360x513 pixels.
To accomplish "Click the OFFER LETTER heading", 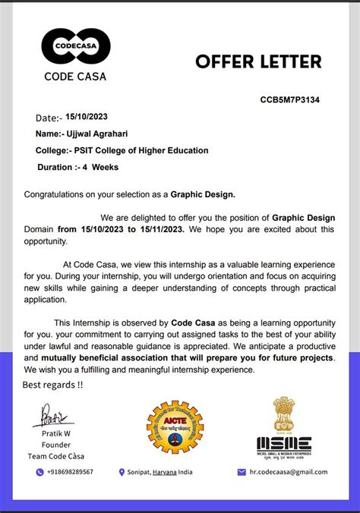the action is tap(258, 61).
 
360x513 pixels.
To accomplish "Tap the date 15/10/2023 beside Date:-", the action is tap(88, 118).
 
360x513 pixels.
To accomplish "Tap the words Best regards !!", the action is tap(52, 385).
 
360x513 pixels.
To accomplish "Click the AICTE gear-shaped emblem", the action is tap(175, 426).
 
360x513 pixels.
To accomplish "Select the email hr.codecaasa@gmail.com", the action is tap(289, 471).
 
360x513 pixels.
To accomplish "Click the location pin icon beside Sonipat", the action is tap(122, 471).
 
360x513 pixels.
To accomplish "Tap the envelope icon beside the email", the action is tap(242, 471).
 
